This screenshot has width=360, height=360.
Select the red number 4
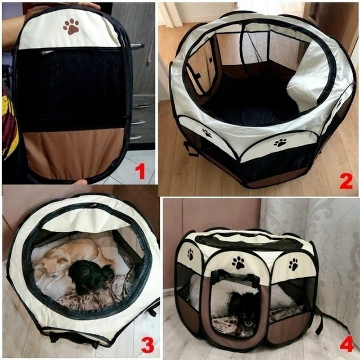click(x=346, y=344)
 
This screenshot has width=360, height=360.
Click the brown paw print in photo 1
click(x=71, y=27)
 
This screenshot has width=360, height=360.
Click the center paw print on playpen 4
click(x=238, y=262)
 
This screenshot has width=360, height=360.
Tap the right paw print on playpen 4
click(x=293, y=265)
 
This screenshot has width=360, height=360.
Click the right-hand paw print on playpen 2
click(x=280, y=143)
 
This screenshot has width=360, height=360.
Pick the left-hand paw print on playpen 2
click(x=207, y=133)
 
